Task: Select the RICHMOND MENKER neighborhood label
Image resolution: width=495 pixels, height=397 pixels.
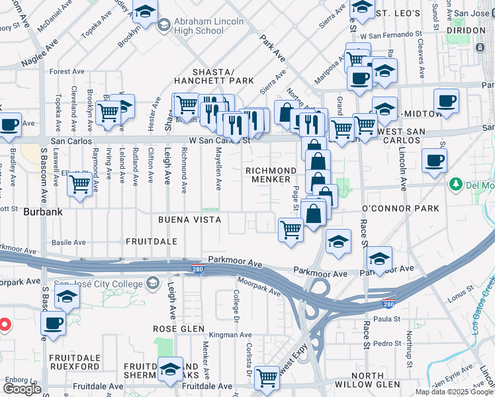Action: (268, 175)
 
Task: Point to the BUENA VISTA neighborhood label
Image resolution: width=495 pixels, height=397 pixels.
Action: (189, 219)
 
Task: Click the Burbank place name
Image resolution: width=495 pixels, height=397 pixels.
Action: (42, 213)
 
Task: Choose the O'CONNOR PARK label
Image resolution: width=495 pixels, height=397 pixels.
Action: (400, 208)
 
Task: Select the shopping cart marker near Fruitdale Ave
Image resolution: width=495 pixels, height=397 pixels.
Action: (267, 377)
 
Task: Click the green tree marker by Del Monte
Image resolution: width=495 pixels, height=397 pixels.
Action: (455, 183)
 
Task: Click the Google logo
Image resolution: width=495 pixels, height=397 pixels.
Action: (22, 389)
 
